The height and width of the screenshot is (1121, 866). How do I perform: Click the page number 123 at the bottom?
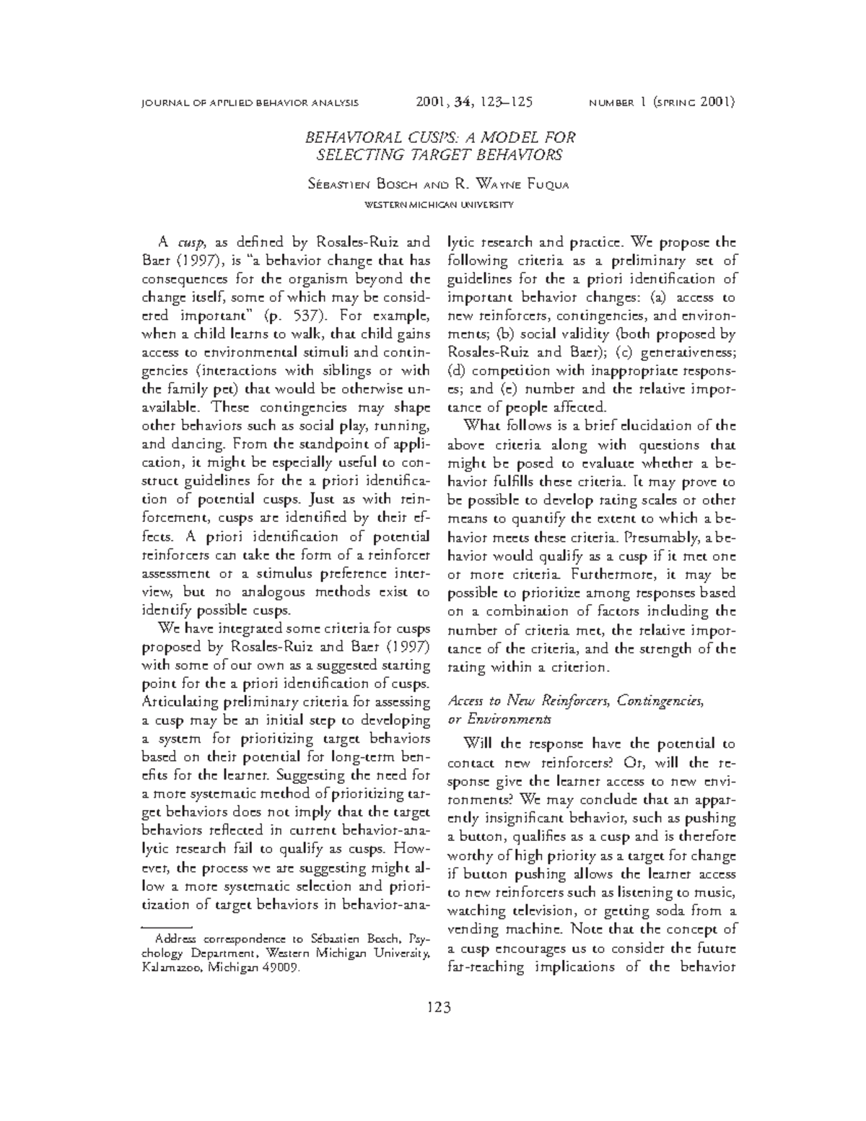[439, 1007]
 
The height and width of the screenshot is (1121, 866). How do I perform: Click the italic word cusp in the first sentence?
[188, 242]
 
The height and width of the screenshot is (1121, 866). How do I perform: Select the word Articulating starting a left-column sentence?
[183, 702]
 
